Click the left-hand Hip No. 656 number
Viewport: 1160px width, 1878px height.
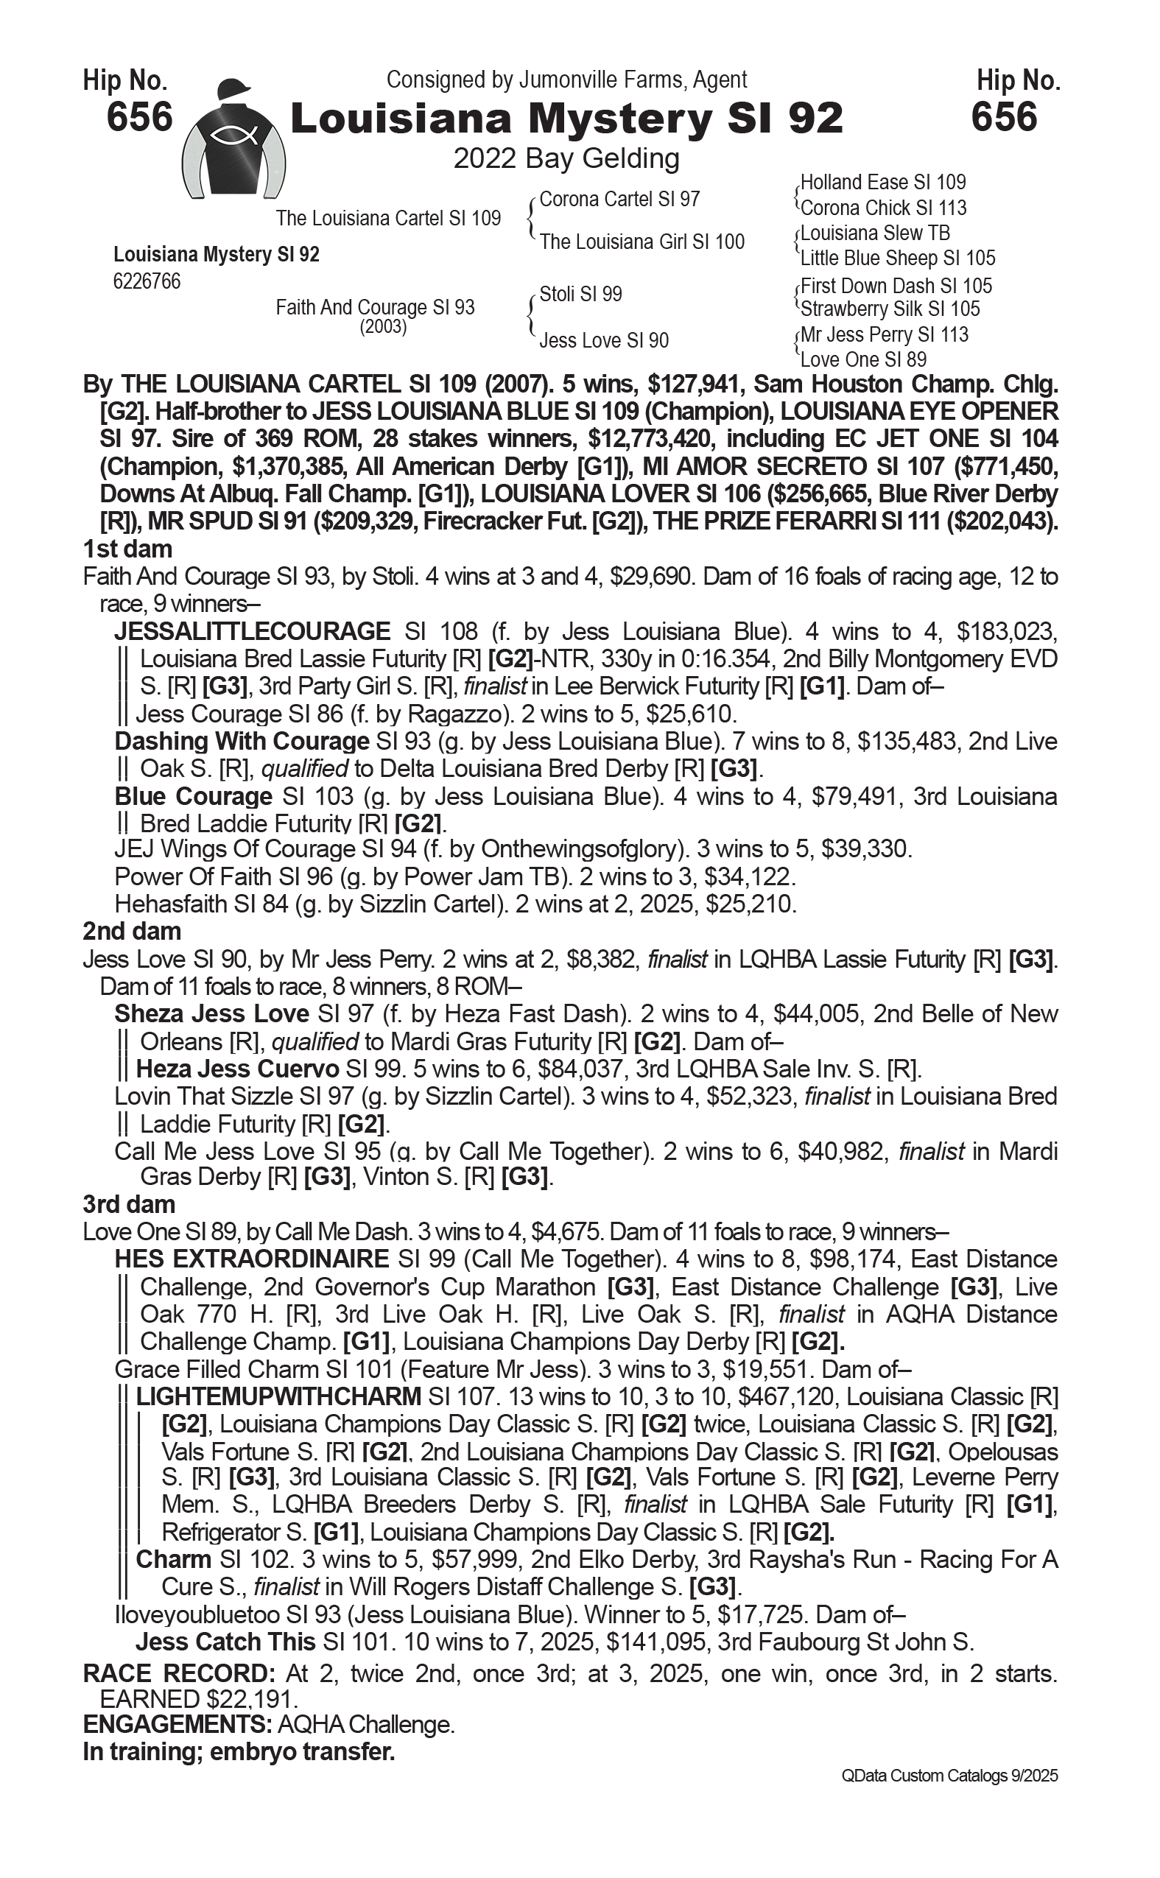[140, 117]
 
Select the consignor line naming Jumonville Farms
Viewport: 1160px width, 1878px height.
[566, 80]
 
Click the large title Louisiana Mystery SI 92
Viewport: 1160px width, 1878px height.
[566, 119]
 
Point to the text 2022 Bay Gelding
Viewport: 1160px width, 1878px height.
[566, 159]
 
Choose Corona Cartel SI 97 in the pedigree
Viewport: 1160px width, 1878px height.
[619, 200]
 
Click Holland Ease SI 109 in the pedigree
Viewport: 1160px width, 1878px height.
[882, 183]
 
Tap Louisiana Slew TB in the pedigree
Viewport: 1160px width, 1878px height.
[875, 233]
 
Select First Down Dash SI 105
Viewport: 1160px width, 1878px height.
[896, 286]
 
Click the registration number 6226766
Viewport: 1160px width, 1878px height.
[147, 282]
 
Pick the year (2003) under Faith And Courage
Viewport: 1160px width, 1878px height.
[383, 326]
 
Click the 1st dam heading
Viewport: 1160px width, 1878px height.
[127, 549]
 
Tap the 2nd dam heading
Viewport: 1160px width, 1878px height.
[132, 932]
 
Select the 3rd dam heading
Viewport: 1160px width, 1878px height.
[129, 1204]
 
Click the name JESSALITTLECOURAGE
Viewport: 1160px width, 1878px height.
[253, 631]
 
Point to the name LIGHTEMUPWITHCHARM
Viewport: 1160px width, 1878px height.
[278, 1396]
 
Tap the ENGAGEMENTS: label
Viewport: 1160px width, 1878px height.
[177, 1725]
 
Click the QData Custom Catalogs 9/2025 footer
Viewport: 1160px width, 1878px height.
[949, 1775]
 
